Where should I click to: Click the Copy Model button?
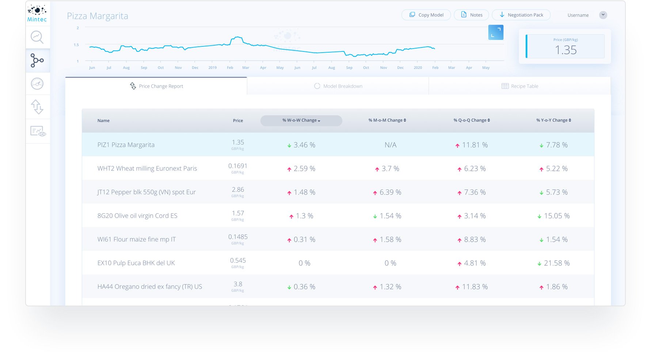tap(426, 15)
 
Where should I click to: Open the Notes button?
tap(471, 15)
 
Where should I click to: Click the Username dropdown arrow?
tap(603, 15)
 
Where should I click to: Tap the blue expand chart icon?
tap(496, 32)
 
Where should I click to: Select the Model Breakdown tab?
tap(338, 86)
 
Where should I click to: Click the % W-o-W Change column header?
tap(301, 120)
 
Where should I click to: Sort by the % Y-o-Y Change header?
tap(553, 120)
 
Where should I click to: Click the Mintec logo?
tap(37, 14)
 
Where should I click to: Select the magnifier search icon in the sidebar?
tap(37, 37)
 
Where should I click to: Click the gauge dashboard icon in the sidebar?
tap(37, 84)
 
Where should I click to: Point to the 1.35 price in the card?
tap(566, 50)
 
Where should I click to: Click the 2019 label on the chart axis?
tap(212, 68)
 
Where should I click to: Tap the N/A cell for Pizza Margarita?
tap(390, 145)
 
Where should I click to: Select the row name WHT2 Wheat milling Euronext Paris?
tap(147, 168)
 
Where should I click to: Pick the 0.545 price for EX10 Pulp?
tap(238, 260)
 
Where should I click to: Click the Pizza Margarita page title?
tap(98, 16)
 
